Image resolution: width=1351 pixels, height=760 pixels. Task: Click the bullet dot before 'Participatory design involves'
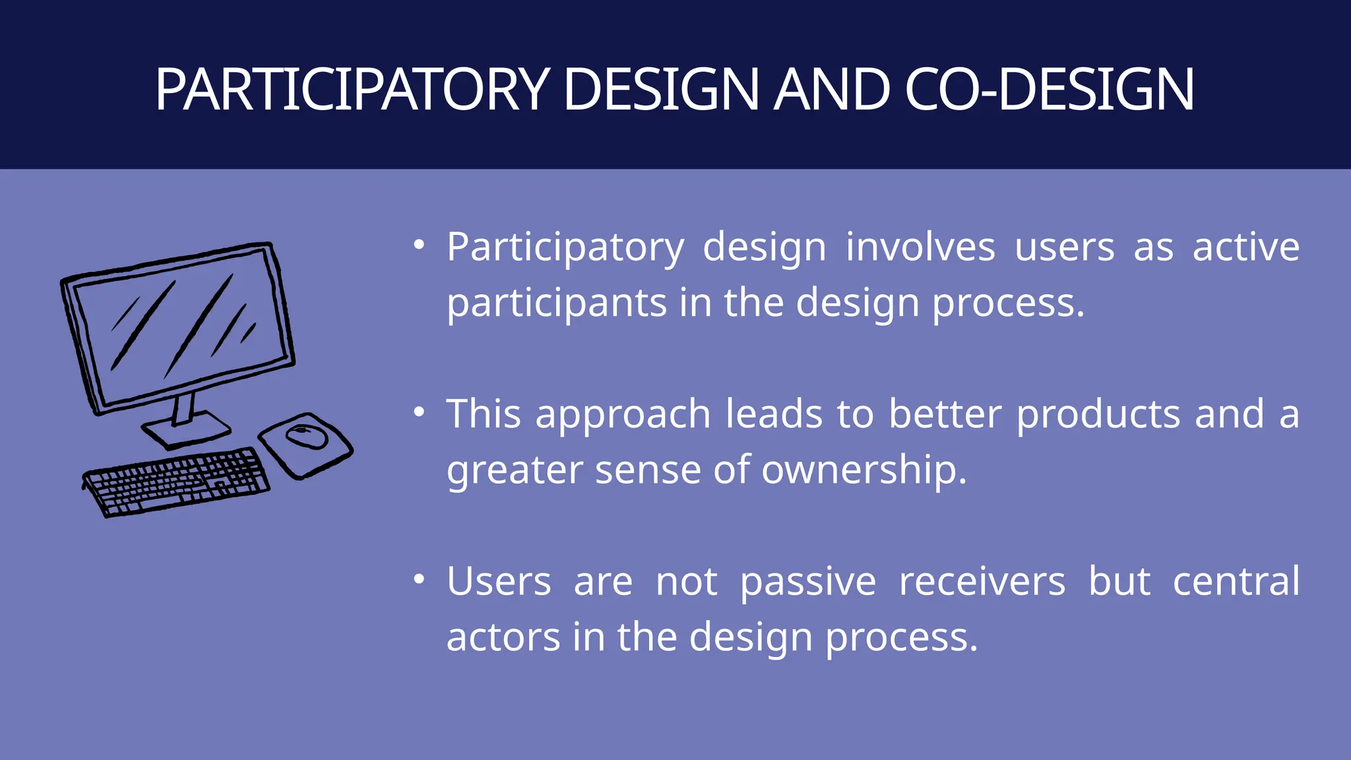point(419,245)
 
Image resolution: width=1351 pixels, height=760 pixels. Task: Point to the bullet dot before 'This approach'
point(419,412)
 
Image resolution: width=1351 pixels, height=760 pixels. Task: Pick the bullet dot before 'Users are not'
point(419,580)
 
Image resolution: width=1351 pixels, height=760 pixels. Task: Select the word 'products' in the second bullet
point(1098,415)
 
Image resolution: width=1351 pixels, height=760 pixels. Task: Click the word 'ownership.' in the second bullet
point(864,470)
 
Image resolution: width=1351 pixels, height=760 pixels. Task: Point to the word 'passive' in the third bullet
point(807,582)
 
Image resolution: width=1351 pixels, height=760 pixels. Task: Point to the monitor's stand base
point(187,431)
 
